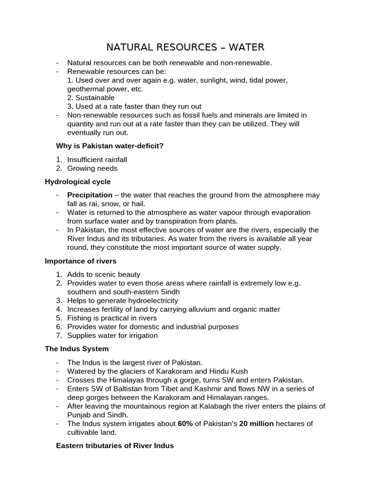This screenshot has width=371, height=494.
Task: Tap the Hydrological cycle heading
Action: click(x=78, y=181)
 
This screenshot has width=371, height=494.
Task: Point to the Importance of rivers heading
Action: click(x=81, y=261)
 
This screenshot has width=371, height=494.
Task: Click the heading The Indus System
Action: click(x=77, y=348)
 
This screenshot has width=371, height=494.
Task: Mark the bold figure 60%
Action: click(x=185, y=424)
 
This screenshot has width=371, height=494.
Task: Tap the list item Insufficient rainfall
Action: click(x=97, y=159)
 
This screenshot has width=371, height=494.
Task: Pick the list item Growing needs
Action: click(x=92, y=168)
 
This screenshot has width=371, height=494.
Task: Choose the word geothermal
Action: click(x=85, y=89)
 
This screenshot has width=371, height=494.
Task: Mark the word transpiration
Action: click(x=191, y=221)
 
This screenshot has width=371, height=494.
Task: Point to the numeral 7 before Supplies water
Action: click(x=58, y=335)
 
